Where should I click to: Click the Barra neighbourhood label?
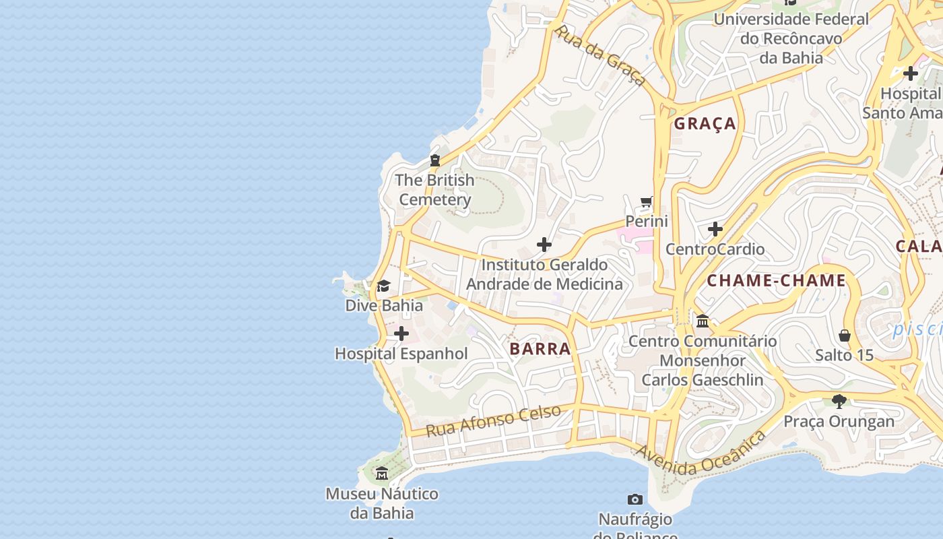point(540,349)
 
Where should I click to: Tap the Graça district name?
point(705,124)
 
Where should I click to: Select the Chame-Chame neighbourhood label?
point(776,281)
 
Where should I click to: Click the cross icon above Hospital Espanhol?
point(401,334)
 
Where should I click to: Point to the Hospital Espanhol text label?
point(401,354)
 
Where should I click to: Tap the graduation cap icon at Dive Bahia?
point(383,286)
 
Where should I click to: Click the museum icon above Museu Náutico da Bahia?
point(382,474)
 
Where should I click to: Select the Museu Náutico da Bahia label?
point(382,503)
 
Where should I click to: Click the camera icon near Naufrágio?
point(635,499)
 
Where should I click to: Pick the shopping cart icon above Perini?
point(647,201)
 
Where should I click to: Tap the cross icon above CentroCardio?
point(715,230)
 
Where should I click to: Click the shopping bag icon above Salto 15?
point(845,335)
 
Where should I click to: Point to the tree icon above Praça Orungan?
point(839,402)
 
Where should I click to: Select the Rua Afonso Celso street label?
point(493,420)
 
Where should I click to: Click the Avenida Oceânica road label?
point(701,453)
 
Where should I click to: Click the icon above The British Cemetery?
point(435,160)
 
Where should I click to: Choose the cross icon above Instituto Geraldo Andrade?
point(544,245)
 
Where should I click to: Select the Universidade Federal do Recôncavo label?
point(791,38)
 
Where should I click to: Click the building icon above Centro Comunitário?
point(703,321)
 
